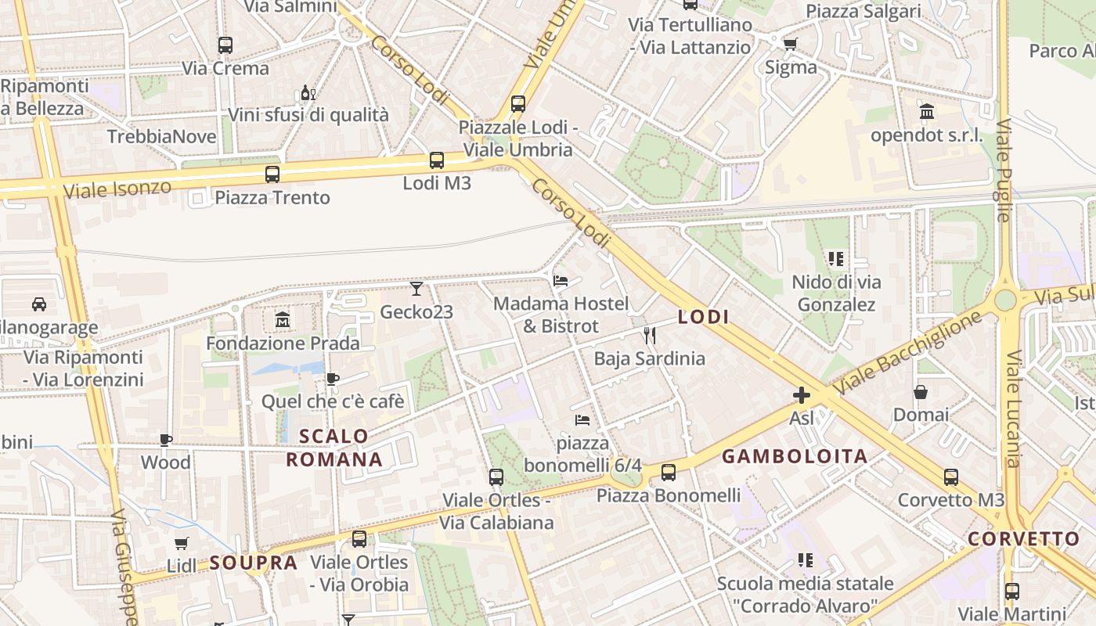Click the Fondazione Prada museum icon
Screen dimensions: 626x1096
[283, 319]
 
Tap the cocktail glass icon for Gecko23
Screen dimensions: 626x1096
[416, 289]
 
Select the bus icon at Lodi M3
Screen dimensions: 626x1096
[437, 160]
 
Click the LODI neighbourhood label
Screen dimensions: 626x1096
[703, 317]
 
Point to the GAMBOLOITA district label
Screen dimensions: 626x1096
[795, 456]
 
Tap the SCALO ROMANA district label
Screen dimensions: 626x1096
[335, 448]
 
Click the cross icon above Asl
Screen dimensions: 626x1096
[801, 395]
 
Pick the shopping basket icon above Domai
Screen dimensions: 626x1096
[921, 391]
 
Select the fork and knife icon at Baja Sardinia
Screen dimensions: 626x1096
[649, 336]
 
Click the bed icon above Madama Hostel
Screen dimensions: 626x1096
[560, 280]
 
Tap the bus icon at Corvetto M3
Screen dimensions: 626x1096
[950, 477]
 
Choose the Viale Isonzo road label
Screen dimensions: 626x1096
[117, 189]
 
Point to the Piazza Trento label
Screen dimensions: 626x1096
[272, 197]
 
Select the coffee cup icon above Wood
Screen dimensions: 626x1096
[165, 440]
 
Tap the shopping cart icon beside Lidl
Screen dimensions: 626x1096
[182, 542]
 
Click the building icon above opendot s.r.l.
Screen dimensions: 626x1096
[927, 112]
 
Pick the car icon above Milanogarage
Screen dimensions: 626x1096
[38, 304]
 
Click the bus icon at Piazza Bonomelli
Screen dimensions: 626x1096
[668, 472]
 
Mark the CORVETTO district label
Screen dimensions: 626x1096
[1024, 539]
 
